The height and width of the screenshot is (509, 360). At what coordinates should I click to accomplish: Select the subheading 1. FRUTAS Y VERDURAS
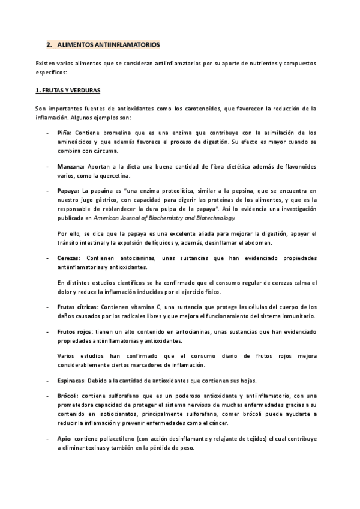(x=68, y=90)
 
